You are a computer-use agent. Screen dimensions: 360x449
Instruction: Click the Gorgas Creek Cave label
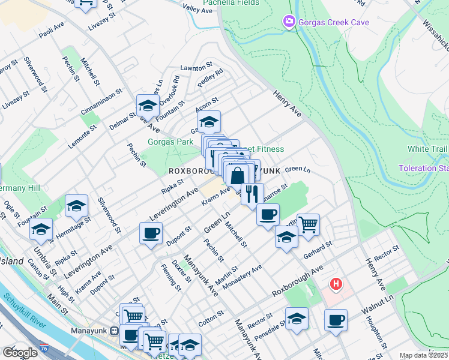click(x=334, y=23)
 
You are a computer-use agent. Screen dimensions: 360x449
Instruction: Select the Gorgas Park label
click(x=170, y=142)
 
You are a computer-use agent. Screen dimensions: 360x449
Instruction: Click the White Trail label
click(x=427, y=149)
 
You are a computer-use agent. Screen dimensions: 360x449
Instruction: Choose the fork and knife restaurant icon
click(x=252, y=194)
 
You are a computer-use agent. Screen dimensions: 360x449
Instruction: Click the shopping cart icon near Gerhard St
click(x=307, y=225)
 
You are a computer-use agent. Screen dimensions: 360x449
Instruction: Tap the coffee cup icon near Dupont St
click(x=151, y=232)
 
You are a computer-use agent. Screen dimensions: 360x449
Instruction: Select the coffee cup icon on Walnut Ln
click(x=336, y=320)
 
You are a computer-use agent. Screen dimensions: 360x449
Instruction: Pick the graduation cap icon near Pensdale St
click(x=297, y=318)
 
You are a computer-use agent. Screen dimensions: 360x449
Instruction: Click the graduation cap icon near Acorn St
click(x=208, y=121)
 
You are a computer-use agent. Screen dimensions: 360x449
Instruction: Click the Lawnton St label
click(x=196, y=67)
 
